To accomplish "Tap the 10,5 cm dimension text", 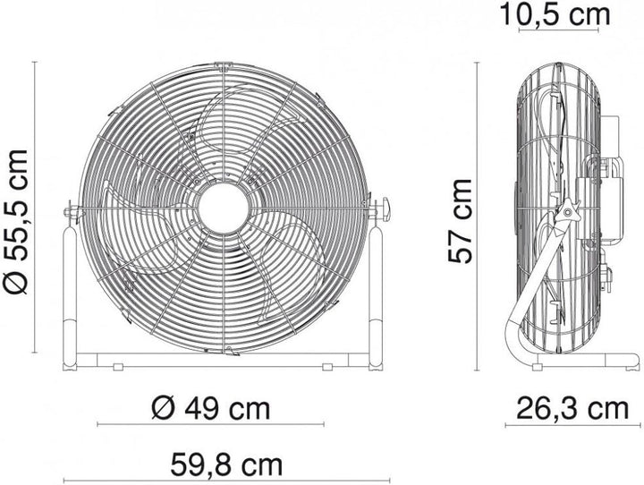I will (568, 15).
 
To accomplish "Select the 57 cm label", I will (461, 220).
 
